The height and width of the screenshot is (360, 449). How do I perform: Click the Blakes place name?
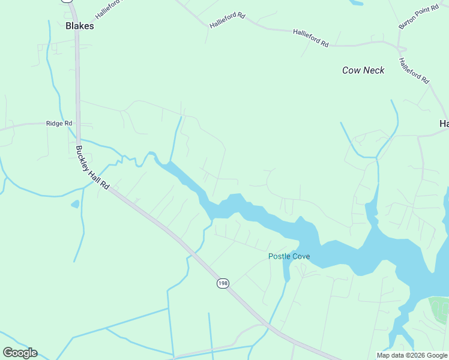[x=79, y=26]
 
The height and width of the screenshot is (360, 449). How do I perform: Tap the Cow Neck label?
[x=363, y=70]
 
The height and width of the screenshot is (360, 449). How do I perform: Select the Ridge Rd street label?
[x=59, y=123]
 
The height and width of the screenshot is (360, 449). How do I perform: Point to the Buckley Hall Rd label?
[x=92, y=167]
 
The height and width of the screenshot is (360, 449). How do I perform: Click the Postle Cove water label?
[x=289, y=256]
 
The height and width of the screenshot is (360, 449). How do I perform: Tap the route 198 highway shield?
[x=223, y=283]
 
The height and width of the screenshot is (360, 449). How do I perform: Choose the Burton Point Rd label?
[x=419, y=18]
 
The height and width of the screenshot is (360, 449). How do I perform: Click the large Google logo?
[x=20, y=353]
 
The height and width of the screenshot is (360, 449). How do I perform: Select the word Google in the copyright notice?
[x=437, y=355]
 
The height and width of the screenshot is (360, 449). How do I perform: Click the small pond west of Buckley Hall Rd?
[x=75, y=204]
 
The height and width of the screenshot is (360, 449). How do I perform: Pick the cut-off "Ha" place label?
[x=444, y=124]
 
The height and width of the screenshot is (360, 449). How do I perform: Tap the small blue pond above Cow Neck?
[x=355, y=2]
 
